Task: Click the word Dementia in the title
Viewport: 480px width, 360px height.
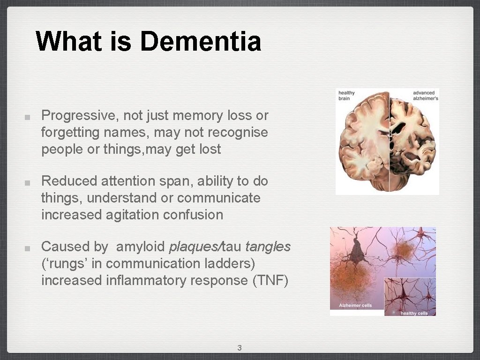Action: coord(200,41)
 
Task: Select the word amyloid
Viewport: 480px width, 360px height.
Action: coord(140,247)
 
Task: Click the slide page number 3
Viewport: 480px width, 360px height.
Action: coord(240,348)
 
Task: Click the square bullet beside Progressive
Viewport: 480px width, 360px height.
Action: coord(28,116)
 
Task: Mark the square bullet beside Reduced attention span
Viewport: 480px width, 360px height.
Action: coord(28,182)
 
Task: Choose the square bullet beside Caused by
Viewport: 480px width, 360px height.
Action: coord(28,247)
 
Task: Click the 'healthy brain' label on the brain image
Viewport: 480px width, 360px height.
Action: coord(347,96)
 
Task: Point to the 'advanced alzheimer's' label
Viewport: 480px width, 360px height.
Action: coord(425,96)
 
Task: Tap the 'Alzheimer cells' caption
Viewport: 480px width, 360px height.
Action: coord(355,306)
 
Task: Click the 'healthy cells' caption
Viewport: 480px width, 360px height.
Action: coord(414,313)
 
